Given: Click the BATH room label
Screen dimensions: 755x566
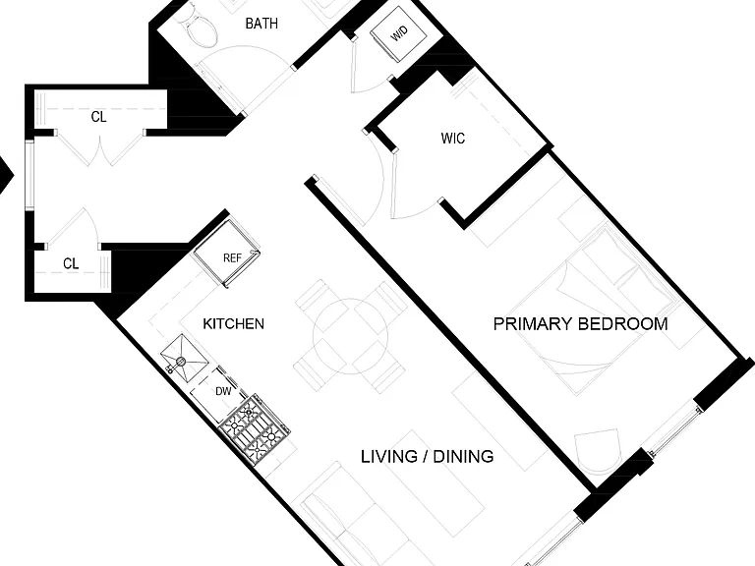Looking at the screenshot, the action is point(261,24).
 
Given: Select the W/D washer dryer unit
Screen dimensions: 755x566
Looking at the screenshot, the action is point(399,33).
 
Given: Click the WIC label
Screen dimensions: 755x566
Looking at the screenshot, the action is point(452,139).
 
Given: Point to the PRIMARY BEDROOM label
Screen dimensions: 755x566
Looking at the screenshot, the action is point(580,323).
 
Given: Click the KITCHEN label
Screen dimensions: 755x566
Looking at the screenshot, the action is point(234,323).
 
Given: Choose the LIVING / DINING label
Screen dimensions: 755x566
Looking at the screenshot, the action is point(427,456).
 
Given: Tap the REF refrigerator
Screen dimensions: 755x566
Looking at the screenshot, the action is point(227,254).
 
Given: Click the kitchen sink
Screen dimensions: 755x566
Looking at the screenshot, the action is point(184,357).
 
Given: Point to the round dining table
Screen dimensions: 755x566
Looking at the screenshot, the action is point(350,336).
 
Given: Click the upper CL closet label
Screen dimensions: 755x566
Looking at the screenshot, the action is point(98,117).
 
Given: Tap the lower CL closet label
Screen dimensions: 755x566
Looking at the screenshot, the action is point(71,263).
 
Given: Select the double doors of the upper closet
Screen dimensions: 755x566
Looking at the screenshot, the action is point(100,146).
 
